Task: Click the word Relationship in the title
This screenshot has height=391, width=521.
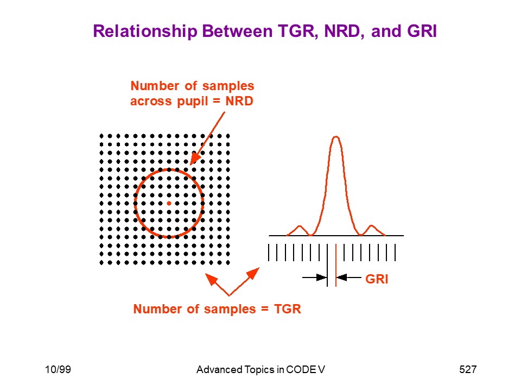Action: click(x=145, y=31)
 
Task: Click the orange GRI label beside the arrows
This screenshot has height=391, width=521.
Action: click(x=377, y=279)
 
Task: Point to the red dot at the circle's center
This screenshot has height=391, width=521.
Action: click(x=169, y=203)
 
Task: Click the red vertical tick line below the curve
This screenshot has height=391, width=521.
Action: click(x=336, y=265)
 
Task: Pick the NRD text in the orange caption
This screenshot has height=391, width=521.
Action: click(x=239, y=101)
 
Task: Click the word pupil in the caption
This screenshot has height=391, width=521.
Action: click(x=191, y=102)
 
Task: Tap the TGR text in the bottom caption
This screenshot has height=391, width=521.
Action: click(x=288, y=309)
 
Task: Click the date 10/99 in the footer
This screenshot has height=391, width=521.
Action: click(x=58, y=369)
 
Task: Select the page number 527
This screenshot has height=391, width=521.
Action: click(x=468, y=369)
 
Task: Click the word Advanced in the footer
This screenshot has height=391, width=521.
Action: click(x=219, y=369)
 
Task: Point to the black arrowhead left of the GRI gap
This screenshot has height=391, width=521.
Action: click(x=321, y=278)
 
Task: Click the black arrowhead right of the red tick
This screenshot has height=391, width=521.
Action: click(x=342, y=278)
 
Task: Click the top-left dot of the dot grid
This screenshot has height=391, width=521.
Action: click(x=101, y=136)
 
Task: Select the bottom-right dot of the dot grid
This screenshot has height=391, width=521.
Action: click(x=228, y=263)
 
